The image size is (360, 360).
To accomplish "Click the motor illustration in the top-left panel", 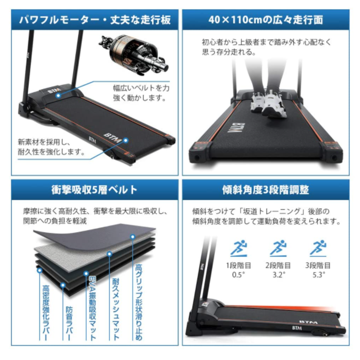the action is click(x=135, y=54).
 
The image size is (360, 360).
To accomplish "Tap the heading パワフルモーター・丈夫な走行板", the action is click(x=95, y=20).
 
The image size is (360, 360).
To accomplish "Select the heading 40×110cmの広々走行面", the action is click(x=266, y=20).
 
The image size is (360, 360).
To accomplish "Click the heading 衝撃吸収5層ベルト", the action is click(x=94, y=190).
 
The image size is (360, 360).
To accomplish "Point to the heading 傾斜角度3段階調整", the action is click(x=265, y=190).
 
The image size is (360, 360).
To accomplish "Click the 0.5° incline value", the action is click(x=238, y=274).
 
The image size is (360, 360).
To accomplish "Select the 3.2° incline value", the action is click(x=279, y=274).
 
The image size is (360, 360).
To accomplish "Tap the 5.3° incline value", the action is click(x=319, y=274).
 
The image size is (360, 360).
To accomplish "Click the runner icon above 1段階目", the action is click(x=239, y=248).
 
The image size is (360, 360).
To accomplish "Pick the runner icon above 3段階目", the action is click(x=318, y=248).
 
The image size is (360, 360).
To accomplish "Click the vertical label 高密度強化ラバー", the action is click(x=46, y=313).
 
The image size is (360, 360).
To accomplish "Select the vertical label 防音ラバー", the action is click(x=69, y=323).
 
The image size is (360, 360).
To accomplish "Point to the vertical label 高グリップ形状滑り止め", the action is click(x=139, y=302).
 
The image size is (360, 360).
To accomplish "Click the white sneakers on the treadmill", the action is click(x=269, y=103).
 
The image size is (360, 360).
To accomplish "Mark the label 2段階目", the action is click(x=278, y=265).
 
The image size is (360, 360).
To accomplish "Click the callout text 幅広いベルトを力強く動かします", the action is click(x=141, y=93).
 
